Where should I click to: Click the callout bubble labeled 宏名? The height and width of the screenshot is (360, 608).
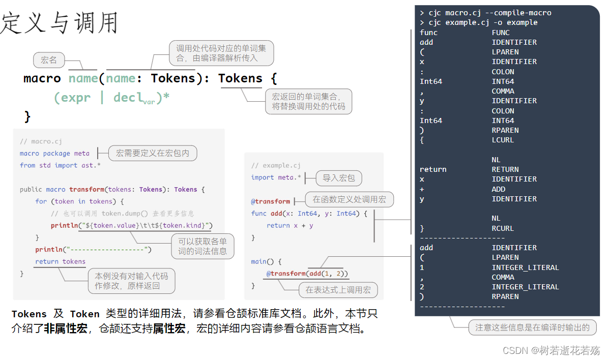coord(49,60)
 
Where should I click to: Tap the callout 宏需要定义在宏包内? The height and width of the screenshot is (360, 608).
coord(153,153)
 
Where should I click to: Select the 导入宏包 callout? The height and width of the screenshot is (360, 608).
coord(339,178)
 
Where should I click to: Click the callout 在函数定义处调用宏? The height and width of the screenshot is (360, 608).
coord(350,199)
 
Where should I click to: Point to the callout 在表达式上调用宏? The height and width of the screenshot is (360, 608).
coord(338,290)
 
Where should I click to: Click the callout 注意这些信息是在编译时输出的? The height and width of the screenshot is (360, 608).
coord(532,327)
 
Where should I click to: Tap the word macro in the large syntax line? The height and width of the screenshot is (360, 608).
coord(42,78)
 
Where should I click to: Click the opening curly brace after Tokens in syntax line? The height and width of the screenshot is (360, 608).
coord(274,79)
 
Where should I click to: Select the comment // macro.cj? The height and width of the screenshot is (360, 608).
coord(41,141)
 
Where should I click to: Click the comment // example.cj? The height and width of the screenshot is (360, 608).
coord(276,165)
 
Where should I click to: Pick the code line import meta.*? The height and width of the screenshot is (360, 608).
coord(276,177)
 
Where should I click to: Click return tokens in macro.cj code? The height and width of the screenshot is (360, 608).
coord(60,261)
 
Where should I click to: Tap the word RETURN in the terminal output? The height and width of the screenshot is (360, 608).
coord(505,169)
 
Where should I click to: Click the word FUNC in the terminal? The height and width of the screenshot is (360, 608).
coord(501,33)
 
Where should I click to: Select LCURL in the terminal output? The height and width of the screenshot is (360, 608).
coord(503,140)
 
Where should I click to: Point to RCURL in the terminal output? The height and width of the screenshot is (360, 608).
coord(503,228)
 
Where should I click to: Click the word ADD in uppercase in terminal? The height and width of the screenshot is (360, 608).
coord(498,189)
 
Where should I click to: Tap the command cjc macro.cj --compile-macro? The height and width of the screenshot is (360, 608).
coord(490,13)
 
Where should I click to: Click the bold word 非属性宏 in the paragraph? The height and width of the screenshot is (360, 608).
coord(66,328)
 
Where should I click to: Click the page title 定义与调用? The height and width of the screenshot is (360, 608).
coord(59,22)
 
